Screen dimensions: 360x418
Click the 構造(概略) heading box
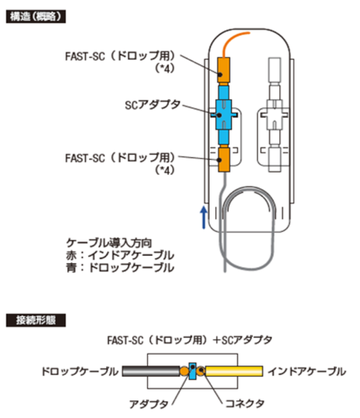tap(36, 17)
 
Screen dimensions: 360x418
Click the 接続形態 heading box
tap(36, 320)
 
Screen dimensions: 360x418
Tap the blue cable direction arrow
tap(204, 217)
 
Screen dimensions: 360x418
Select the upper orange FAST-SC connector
tap(224, 70)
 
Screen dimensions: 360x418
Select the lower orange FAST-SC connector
tap(224, 159)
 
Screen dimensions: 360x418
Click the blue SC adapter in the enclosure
tap(224, 115)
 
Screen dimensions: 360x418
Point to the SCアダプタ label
tap(153, 105)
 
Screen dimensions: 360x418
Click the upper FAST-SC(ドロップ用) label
tap(120, 62)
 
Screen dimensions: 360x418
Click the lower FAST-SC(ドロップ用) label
tap(120, 164)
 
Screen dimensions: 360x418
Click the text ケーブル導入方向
tap(109, 242)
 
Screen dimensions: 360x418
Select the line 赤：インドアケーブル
tap(120, 255)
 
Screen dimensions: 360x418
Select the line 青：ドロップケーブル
tap(120, 267)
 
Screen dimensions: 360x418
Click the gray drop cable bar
tap(151, 371)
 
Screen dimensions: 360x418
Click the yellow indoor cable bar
tap(234, 371)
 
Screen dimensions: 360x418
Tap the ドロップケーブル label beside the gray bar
tap(80, 371)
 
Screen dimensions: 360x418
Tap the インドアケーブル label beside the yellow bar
tap(307, 371)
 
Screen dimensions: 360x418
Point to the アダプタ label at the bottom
tap(149, 404)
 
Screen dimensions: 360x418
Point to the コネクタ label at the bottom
tap(245, 403)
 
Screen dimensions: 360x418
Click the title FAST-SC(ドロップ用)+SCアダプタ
tap(190, 340)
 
